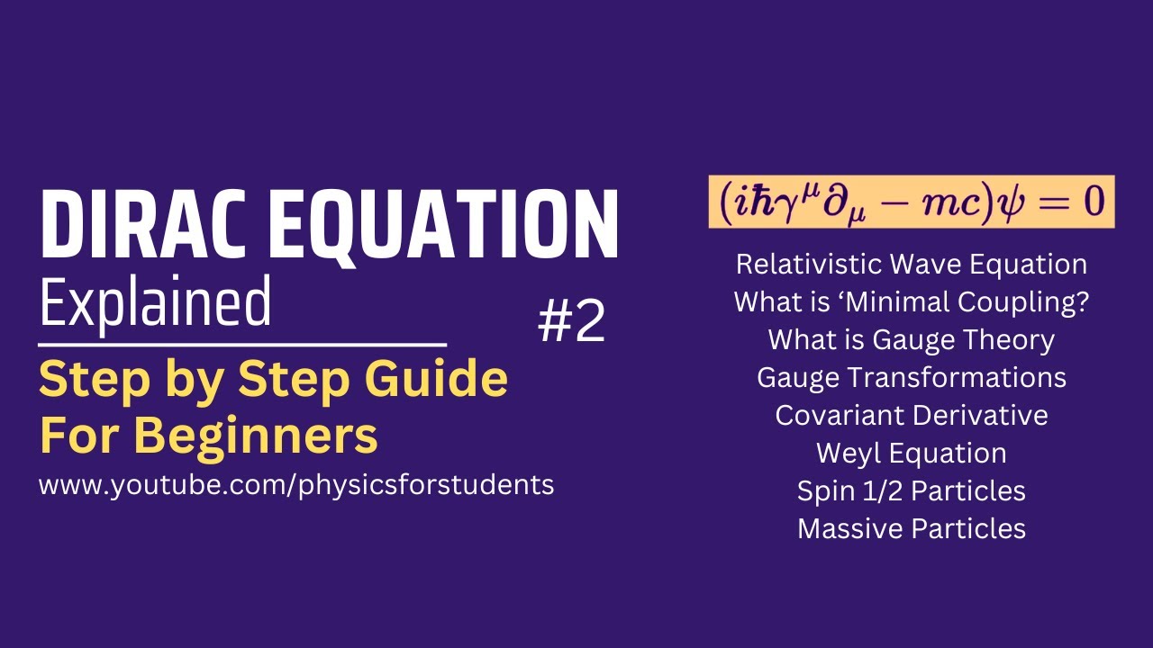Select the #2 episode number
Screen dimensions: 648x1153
pyautogui.click(x=571, y=322)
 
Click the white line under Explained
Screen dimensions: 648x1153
pyautogui.click(x=242, y=344)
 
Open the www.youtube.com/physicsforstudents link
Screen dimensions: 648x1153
pyautogui.click(x=296, y=485)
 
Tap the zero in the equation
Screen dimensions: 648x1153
pyautogui.click(x=1093, y=201)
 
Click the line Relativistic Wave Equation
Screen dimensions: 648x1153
pyautogui.click(x=911, y=265)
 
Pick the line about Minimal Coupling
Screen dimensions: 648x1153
pyautogui.click(x=911, y=302)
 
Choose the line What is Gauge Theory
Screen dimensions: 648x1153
pyautogui.click(x=911, y=340)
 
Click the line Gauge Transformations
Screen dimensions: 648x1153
pyautogui.click(x=911, y=377)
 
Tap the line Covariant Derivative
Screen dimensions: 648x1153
pyautogui.click(x=911, y=415)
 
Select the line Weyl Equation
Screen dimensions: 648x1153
pyautogui.click(x=911, y=453)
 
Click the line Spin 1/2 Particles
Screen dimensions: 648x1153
pyautogui.click(x=911, y=490)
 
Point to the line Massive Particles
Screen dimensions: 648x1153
pyautogui.click(x=911, y=528)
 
